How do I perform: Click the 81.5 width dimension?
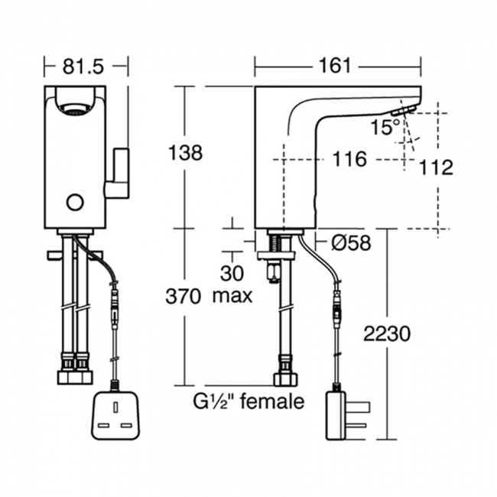[83, 67]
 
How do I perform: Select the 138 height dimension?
[186, 153]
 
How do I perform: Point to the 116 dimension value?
[349, 159]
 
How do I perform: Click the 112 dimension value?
[437, 167]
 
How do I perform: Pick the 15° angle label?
[385, 127]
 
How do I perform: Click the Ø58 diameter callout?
[352, 243]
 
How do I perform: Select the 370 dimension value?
[186, 296]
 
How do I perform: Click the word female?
[273, 401]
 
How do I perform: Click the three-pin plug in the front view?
[115, 417]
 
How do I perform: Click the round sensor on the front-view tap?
[74, 202]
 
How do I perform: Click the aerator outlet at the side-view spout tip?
[402, 112]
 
